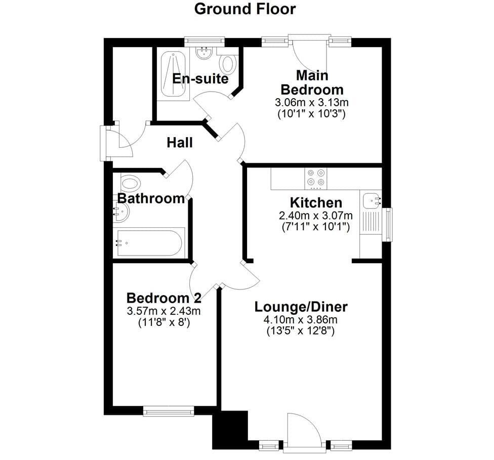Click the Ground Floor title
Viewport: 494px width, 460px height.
245,9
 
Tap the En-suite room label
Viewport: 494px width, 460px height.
200,78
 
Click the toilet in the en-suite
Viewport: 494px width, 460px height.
228,63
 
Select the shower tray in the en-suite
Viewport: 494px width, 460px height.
173,74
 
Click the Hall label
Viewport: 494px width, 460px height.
179,142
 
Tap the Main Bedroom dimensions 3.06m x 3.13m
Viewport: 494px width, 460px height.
312,102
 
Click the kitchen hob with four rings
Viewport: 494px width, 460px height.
316,178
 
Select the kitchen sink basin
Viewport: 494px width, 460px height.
371,201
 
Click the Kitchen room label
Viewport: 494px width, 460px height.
316,202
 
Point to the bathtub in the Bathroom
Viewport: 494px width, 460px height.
149,243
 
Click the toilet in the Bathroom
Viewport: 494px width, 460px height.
130,182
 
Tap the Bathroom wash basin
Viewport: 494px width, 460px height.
121,212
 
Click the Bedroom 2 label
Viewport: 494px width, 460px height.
163,298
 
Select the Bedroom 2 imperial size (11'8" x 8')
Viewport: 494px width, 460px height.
164,322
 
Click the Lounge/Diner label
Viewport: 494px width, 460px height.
301,307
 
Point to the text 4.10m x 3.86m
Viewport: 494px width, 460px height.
301,320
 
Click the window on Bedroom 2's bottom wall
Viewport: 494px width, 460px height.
169,411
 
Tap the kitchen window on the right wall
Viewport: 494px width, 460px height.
388,225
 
